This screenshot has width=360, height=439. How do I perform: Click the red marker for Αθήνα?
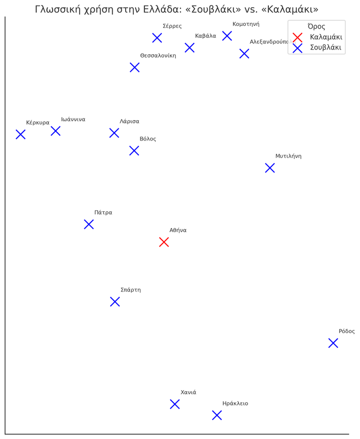coord(164,242)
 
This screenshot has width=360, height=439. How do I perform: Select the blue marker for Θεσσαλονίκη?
coord(134,67)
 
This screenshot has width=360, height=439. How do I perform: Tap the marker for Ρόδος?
coord(333,343)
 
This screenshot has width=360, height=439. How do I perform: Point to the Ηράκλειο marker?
coord(217,415)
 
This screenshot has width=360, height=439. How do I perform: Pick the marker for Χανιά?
coord(175,404)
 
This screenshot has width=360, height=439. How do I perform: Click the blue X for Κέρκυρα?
coord(21,134)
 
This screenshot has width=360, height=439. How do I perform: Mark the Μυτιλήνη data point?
coord(270,168)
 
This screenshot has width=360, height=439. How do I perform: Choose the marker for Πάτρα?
coord(89,224)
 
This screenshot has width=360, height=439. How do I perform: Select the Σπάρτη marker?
coord(115,302)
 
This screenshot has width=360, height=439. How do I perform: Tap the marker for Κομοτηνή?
coord(227,36)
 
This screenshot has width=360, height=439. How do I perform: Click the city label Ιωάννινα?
coord(73,120)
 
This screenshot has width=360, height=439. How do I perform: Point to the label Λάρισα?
coord(130,121)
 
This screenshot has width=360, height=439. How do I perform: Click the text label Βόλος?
coord(148,139)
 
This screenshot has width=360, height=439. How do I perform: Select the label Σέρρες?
coord(172,26)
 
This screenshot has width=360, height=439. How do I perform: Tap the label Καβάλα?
coord(205,36)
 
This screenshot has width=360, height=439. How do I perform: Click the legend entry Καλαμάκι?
coord(326,37)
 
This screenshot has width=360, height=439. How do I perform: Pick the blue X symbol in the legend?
coord(297,48)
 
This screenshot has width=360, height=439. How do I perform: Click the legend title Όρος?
coord(316,26)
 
